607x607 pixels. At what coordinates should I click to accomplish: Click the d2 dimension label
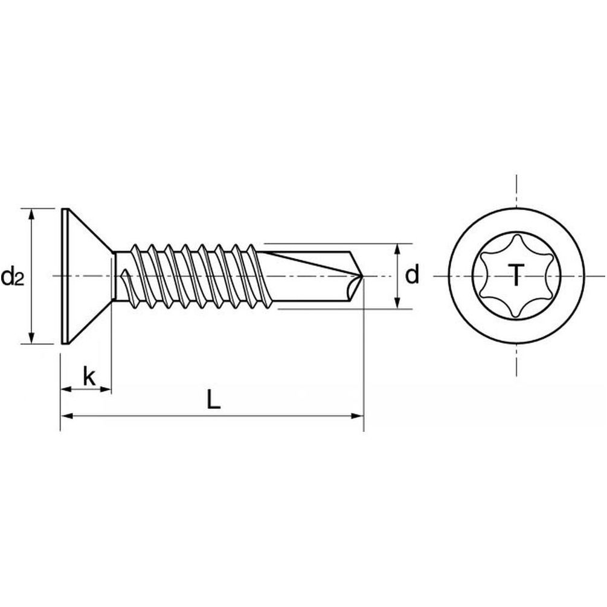13,277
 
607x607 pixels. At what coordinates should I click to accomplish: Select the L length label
213,399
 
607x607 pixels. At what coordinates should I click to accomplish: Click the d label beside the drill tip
413,274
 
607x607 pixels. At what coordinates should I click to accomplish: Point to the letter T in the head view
516,275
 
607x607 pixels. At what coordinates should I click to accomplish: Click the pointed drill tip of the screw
362,276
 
